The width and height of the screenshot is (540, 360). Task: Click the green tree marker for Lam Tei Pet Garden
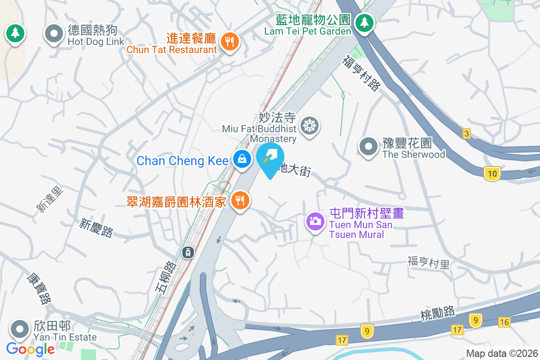click(364, 22)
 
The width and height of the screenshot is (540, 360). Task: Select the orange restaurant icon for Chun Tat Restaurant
click(230, 42)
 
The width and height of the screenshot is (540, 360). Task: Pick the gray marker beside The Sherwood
click(369, 146)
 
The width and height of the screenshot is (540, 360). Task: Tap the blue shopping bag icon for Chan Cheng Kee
click(242, 159)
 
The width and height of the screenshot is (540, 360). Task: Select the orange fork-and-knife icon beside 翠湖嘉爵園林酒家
click(241, 200)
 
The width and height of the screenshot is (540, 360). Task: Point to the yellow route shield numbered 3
click(467, 134)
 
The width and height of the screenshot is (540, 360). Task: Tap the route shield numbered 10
click(493, 173)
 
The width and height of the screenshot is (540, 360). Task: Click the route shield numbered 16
click(504, 321)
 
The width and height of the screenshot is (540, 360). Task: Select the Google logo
click(31, 349)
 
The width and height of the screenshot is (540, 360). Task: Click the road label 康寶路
click(40, 288)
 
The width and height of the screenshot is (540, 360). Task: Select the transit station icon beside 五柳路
click(188, 252)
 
